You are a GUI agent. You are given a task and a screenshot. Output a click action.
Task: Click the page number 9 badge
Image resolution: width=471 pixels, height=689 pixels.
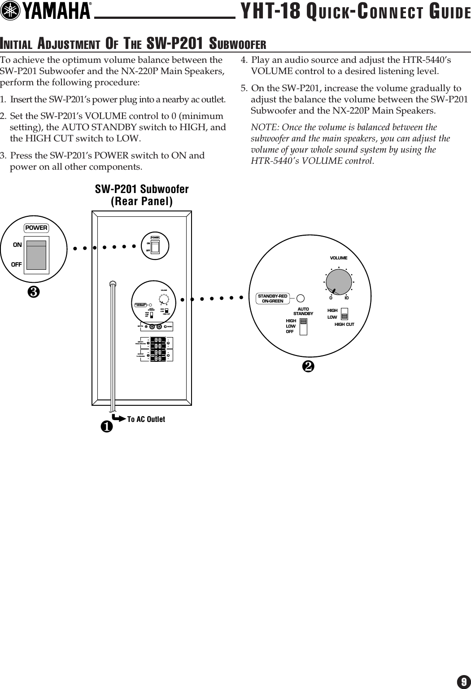(x=463, y=681)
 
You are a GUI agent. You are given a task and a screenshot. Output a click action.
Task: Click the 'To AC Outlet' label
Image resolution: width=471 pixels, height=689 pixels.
(x=146, y=419)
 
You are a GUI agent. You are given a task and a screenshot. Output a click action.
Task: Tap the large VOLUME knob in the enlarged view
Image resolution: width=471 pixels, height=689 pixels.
(x=339, y=282)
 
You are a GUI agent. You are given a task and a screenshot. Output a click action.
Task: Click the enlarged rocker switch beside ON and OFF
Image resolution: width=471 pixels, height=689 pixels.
(x=36, y=255)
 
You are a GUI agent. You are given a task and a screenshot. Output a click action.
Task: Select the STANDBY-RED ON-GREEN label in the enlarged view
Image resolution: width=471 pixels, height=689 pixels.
(x=272, y=298)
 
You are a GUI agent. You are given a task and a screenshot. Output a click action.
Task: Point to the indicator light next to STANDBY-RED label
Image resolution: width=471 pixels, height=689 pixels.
(x=301, y=298)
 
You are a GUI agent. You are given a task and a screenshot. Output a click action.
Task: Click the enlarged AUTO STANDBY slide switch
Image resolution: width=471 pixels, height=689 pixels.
(x=304, y=326)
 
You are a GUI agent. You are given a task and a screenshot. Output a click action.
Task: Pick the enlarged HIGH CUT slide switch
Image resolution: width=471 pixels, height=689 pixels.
(x=345, y=314)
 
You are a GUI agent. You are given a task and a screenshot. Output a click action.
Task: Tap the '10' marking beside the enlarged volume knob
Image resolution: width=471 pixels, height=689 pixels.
(x=347, y=298)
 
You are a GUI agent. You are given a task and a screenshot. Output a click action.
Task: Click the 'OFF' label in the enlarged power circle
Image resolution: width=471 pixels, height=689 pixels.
(x=17, y=265)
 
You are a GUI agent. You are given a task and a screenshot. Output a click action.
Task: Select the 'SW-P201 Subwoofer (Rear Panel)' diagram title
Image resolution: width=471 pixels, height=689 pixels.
(x=142, y=195)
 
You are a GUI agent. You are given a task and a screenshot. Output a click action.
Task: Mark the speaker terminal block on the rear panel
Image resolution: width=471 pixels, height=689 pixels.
(x=157, y=348)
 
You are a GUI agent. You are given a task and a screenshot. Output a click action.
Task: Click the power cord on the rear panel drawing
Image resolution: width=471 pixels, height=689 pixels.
(x=113, y=341)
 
